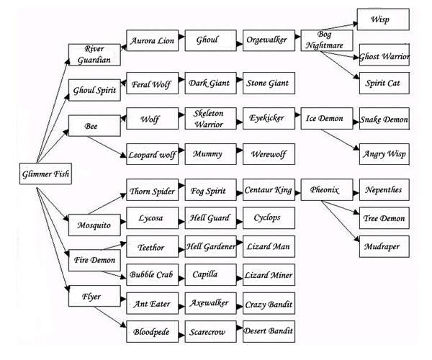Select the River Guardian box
[89, 54]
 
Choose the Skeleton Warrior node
[210, 118]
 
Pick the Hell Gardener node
[210, 247]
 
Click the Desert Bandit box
[269, 332]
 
